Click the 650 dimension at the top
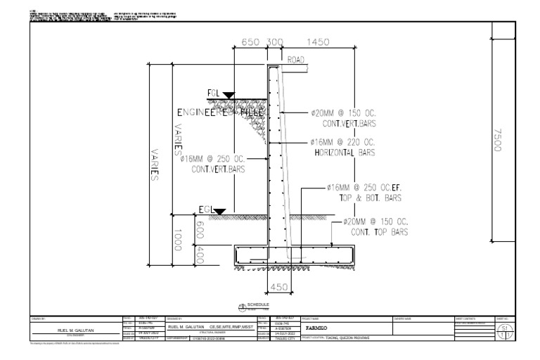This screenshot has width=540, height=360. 251,43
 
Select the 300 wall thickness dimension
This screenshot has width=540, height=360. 275,43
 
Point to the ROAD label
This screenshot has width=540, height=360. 297,61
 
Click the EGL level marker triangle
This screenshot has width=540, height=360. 220,210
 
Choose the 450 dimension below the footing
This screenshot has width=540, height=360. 279,287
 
